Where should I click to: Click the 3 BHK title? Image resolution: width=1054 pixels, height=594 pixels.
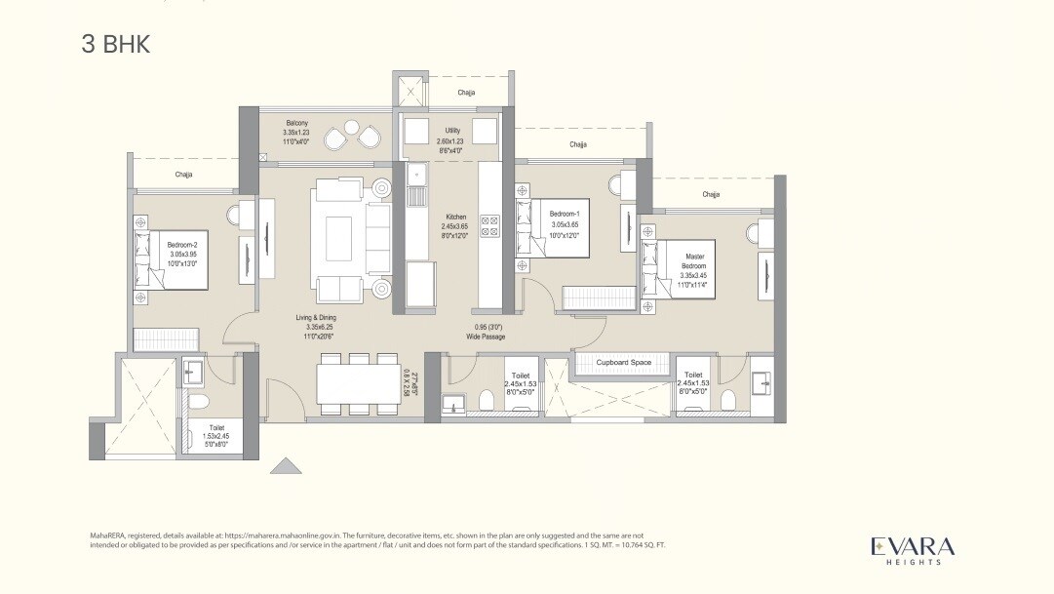pyautogui.click(x=115, y=44)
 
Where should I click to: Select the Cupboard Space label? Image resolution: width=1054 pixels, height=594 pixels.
pyautogui.click(x=623, y=363)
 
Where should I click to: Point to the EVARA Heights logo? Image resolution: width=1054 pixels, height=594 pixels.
pyautogui.click(x=912, y=550)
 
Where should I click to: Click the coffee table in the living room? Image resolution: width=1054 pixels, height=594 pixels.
pyautogui.click(x=338, y=232)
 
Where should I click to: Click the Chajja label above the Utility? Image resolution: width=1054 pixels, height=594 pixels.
pyautogui.click(x=467, y=94)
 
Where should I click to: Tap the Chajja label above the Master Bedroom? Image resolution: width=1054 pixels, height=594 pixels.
pyautogui.click(x=711, y=194)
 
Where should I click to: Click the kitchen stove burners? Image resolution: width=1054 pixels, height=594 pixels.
pyautogui.click(x=493, y=226)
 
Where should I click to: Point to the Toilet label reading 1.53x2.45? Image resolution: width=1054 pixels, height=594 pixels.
pyautogui.click(x=215, y=432)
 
